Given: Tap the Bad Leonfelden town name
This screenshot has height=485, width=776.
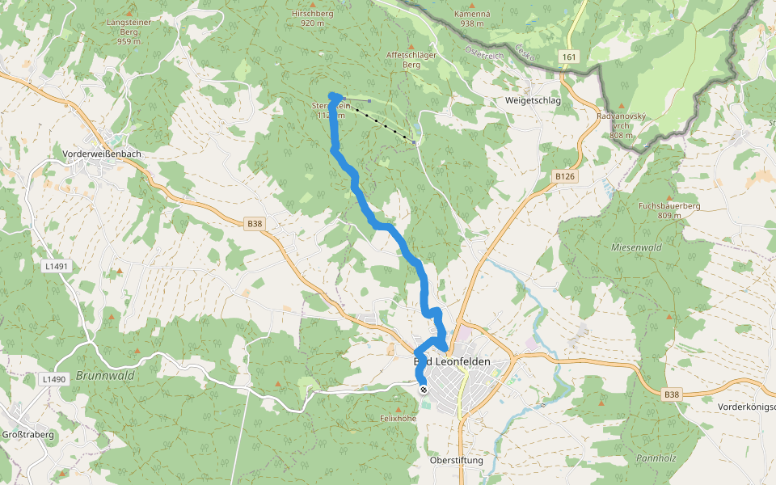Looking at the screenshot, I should click(452, 362).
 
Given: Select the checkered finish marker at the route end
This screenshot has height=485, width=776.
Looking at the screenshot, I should click(424, 390).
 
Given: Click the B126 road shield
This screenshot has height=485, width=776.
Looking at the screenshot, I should click(565, 175).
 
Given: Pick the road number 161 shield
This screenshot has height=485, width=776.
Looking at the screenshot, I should click(570, 57).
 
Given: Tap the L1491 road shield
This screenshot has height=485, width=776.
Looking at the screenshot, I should click(56, 265).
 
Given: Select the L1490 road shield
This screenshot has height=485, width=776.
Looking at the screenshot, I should click(53, 378).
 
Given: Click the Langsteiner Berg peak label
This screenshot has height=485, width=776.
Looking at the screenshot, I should click(129, 32).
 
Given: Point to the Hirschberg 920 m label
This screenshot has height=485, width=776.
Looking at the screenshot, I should click(312, 19).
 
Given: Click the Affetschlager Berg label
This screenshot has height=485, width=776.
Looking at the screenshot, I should click(412, 59).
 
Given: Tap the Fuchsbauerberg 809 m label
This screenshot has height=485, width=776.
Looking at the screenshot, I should click(668, 210).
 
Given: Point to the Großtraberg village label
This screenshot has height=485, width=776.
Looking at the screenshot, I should click(27, 434).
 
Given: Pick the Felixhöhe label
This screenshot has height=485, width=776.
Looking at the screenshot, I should click(398, 419).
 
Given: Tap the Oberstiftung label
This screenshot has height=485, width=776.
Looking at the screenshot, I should click(456, 460).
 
